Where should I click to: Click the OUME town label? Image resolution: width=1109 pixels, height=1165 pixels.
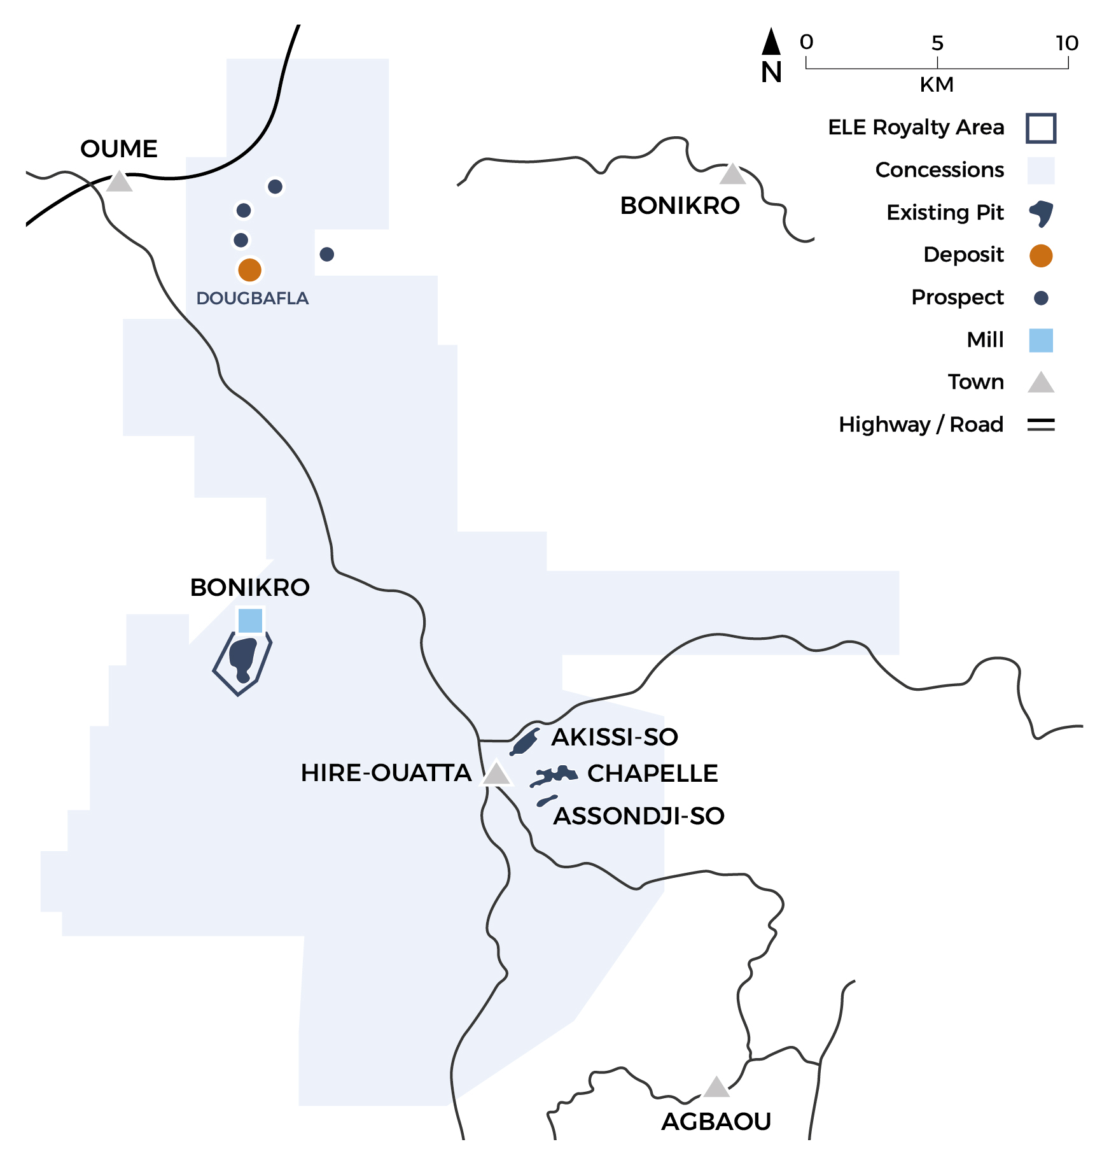[118, 149]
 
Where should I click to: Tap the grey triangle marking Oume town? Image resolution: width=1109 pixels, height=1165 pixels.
[119, 183]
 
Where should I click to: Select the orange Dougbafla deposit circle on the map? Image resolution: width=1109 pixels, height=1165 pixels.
[249, 270]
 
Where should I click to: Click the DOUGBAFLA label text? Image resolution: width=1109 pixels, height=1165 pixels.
[252, 298]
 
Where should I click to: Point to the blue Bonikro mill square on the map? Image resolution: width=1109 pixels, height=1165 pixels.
[250, 620]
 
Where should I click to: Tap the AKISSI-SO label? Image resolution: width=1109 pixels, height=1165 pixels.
[614, 737]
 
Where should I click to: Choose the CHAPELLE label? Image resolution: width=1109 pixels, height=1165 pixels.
[652, 773]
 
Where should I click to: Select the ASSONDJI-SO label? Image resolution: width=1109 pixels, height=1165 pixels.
[639, 815]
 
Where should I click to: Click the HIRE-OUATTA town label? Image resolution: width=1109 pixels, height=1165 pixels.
[386, 773]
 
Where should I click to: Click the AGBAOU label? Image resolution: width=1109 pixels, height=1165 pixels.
[716, 1121]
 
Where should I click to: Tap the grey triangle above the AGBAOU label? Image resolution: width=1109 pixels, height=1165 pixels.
[716, 1088]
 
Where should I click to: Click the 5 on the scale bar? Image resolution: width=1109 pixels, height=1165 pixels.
[937, 43]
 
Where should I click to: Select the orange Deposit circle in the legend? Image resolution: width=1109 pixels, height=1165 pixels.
[1041, 255]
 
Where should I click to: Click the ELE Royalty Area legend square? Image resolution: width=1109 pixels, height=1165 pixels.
[1041, 128]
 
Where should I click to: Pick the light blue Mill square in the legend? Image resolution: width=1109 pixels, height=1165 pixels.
[1041, 340]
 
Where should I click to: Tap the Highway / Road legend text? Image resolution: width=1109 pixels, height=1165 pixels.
[921, 425]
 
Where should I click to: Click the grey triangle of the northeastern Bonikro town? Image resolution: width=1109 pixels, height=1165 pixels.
[732, 174]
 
